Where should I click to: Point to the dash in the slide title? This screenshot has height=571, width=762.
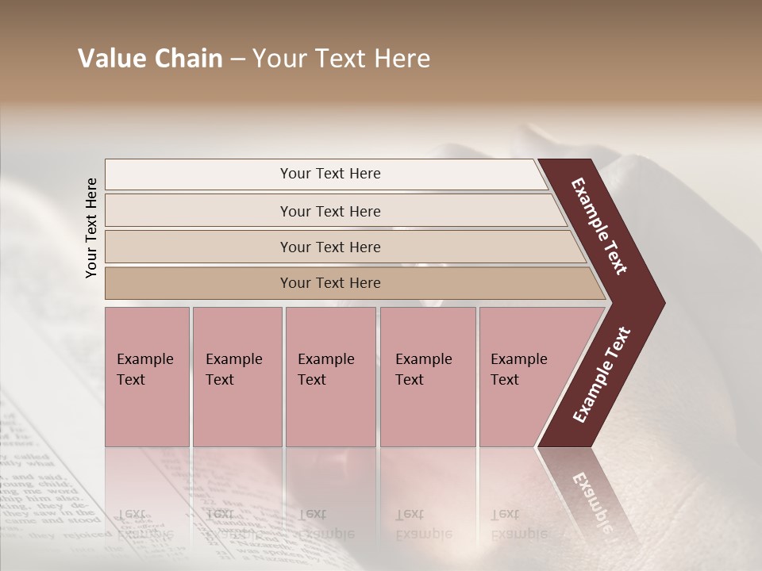237,59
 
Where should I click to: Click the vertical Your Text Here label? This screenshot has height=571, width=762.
91,228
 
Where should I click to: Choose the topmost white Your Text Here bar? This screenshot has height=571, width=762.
329,174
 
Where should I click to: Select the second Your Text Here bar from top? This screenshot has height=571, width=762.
329,211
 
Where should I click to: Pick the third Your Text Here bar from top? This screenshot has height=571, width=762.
329,247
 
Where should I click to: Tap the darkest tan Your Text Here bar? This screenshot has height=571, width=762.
329,283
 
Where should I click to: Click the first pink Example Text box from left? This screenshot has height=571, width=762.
147,377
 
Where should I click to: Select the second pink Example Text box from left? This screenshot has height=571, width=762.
237,377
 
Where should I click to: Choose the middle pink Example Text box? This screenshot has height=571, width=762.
330,377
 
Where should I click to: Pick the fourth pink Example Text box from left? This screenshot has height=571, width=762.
428,377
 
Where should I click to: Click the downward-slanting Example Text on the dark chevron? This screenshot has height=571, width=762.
599,226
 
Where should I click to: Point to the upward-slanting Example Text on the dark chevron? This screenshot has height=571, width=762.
602,375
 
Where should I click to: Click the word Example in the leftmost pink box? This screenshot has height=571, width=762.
144,359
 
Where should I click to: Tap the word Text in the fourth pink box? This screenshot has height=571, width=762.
410,380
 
